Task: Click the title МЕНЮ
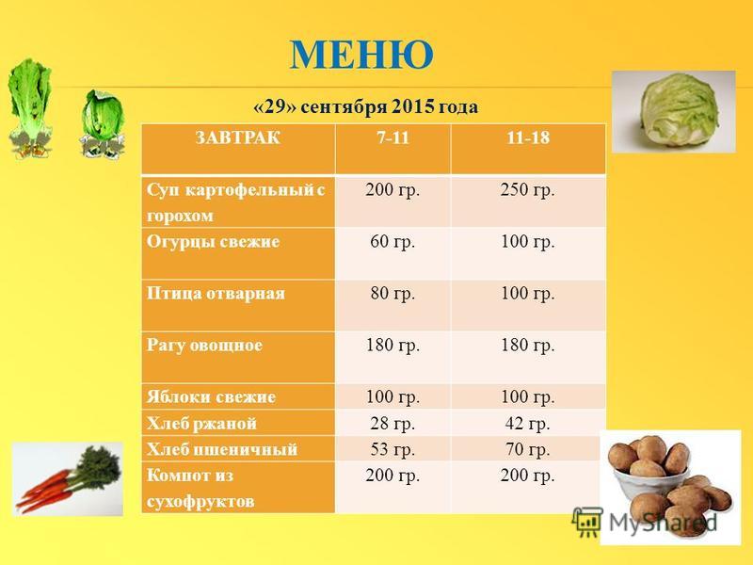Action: pos(361,55)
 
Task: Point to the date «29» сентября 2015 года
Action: pos(365,106)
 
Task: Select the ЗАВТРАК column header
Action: pos(238,137)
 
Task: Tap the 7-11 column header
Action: pos(393,137)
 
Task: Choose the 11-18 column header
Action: pos(528,137)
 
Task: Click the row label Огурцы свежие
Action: pos(214,241)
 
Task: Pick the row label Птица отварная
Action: pos(216,293)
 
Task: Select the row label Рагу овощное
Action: pos(204,345)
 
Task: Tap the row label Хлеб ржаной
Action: pos(201,423)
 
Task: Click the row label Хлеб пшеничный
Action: pos(222,449)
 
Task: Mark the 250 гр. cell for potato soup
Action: pos(527,190)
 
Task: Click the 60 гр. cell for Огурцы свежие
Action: pos(393,241)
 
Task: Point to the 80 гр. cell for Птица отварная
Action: pos(393,293)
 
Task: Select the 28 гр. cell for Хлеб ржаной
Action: pos(393,423)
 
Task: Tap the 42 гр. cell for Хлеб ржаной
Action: pos(527,423)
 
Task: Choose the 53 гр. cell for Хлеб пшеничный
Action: pos(393,449)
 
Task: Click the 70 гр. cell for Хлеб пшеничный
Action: pos(527,449)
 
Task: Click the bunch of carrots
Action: pos(68,478)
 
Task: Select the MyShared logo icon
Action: pos(586,522)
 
